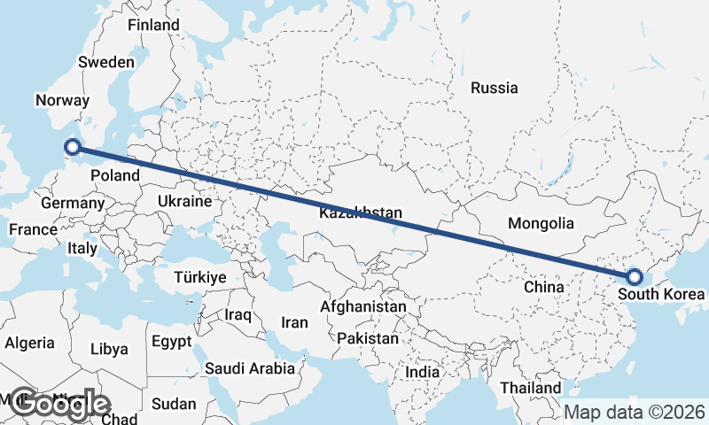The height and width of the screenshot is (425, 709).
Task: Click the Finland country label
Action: click(153, 26)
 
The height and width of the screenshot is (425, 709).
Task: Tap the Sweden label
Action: click(105, 63)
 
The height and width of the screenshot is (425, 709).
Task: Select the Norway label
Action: click(58, 101)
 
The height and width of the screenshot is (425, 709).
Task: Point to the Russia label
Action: click(495, 88)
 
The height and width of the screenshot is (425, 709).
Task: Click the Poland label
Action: click(115, 175)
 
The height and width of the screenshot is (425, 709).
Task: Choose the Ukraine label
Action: click(184, 201)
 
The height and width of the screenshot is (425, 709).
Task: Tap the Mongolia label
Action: click(541, 224)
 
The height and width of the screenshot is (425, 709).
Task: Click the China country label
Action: click(543, 288)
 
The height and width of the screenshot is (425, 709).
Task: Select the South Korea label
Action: click(663, 294)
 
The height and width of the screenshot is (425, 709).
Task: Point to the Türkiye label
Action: click(201, 277)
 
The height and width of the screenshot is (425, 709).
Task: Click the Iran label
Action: click(293, 323)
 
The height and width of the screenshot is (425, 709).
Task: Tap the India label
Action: click(422, 373)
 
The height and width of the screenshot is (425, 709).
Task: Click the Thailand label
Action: click(531, 388)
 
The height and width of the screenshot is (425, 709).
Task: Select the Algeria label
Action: click(30, 344)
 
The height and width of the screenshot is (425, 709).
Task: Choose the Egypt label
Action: click(171, 342)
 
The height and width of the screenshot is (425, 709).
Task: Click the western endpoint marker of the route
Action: click(74, 149)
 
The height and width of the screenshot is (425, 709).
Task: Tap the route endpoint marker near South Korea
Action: click(634, 276)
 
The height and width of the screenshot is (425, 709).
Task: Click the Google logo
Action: click(58, 404)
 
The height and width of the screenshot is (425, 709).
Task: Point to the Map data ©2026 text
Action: click(635, 413)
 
